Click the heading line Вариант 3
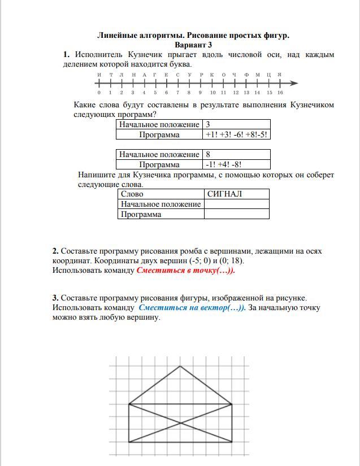193,45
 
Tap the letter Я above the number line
280,75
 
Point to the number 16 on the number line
280,93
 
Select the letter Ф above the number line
246,75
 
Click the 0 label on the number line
99,93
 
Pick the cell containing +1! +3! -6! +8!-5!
236,135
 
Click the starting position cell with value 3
236,124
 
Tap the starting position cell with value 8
236,154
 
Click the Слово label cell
161,194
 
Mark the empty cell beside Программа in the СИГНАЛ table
236,214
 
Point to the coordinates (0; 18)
229,261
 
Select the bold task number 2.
55,251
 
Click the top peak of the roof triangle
180,366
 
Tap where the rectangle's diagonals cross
180,423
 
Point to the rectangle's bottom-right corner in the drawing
232,442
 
